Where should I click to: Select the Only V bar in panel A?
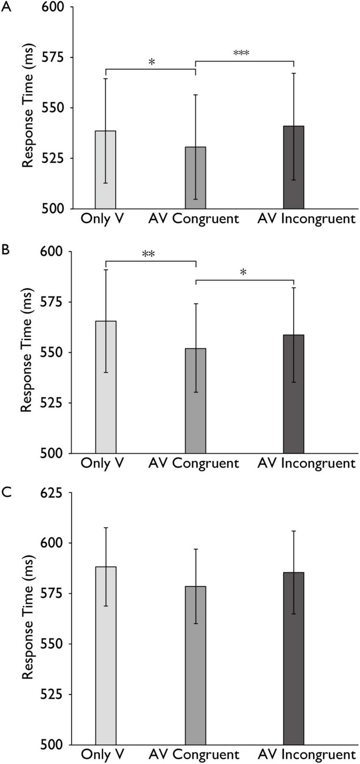pyautogui.click(x=105, y=169)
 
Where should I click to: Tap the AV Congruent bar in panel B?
pyautogui.click(x=195, y=400)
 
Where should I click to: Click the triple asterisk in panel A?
pyautogui.click(x=241, y=53)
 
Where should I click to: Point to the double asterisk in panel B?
pyautogui.click(x=148, y=254)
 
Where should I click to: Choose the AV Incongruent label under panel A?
pyautogui.click(x=306, y=219)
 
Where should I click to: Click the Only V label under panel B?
pyautogui.click(x=102, y=463)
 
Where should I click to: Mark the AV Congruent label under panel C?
pyautogui.click(x=194, y=755)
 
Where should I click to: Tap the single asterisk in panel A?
pyautogui.click(x=152, y=62)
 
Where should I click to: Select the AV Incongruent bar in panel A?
pyautogui.click(x=294, y=167)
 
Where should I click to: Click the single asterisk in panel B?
pyautogui.click(x=243, y=272)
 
